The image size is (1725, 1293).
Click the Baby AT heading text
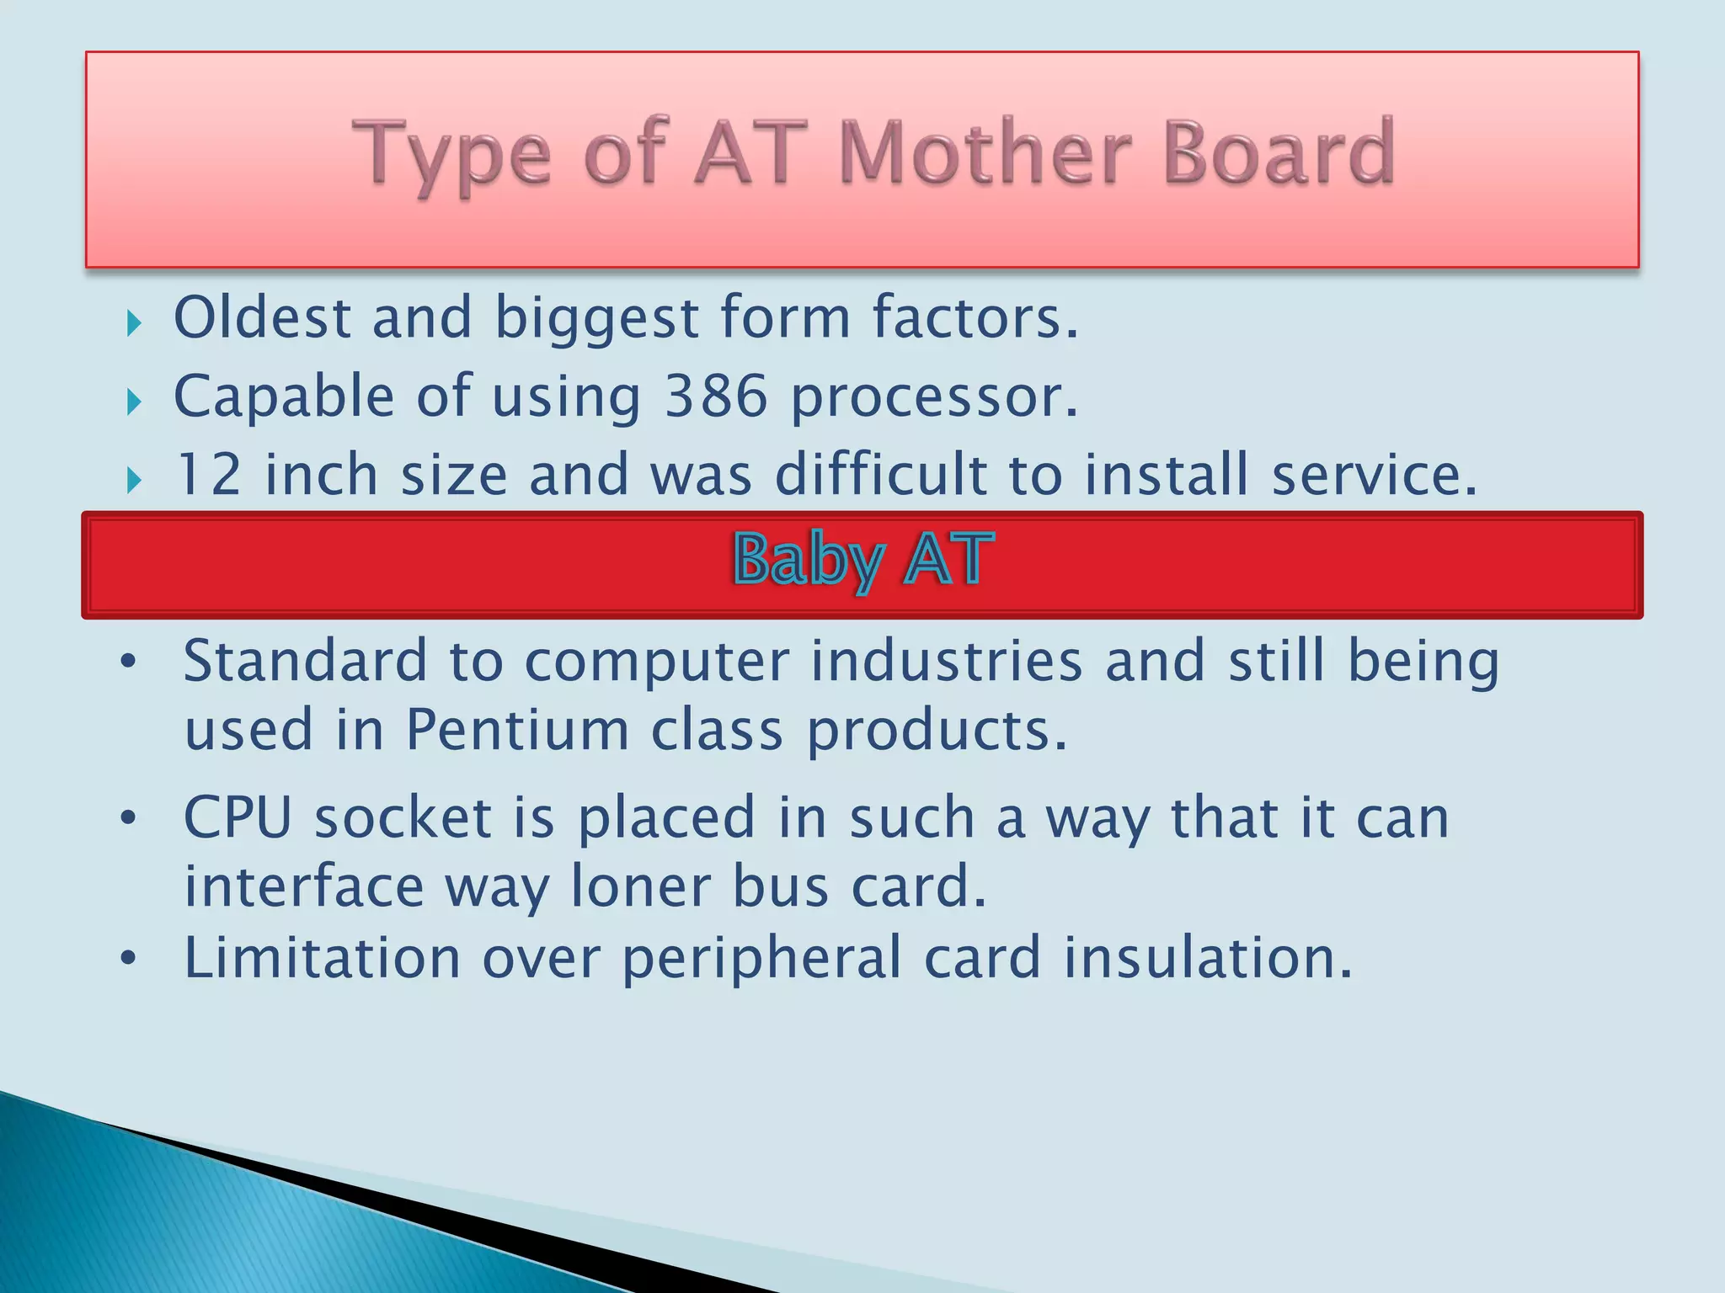(862, 560)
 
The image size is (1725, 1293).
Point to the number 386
(716, 396)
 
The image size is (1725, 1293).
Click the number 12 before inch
(209, 475)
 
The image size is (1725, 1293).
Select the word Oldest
(262, 317)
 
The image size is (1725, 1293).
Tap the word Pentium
(517, 729)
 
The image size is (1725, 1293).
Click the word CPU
(238, 817)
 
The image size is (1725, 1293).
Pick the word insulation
(1207, 958)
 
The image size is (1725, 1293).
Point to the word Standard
(305, 660)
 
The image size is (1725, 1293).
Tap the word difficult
(880, 474)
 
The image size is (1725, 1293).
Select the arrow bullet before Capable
(134, 402)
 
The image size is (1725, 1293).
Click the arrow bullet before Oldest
(134, 323)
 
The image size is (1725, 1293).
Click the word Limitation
(322, 958)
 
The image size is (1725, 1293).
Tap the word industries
(946, 660)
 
